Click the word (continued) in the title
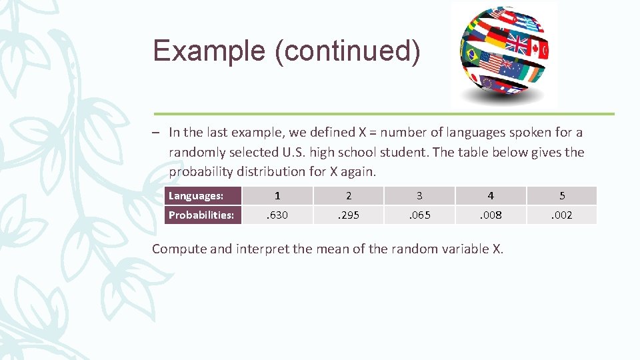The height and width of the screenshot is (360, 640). point(347,51)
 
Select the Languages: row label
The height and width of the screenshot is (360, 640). point(203,195)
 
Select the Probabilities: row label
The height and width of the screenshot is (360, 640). point(203,215)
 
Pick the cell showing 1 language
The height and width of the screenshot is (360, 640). point(277,195)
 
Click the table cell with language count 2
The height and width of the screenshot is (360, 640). point(349,195)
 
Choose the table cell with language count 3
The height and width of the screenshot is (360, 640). point(419,195)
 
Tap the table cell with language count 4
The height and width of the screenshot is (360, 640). point(491,195)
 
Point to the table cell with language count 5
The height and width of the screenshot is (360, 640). point(562,195)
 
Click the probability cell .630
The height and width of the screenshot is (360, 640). point(277,215)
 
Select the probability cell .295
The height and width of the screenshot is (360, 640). point(349,215)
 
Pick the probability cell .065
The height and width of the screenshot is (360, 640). point(419,215)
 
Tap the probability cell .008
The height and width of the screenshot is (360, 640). point(491,215)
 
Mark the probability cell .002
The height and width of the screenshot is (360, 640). point(562,215)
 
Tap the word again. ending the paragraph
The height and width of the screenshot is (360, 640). point(360,171)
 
